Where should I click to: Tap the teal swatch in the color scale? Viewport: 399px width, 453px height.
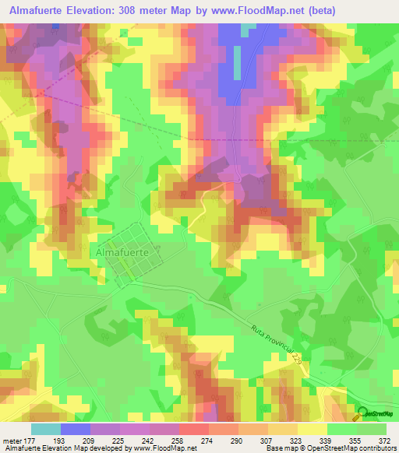[46, 429]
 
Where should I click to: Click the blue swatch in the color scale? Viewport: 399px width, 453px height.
[76, 429]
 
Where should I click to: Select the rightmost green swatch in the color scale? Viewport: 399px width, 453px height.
[372, 429]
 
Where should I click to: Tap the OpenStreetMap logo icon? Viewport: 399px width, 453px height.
[362, 414]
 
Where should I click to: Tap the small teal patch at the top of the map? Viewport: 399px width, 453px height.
[248, 30]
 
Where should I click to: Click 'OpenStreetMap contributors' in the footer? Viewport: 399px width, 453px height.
[351, 449]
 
